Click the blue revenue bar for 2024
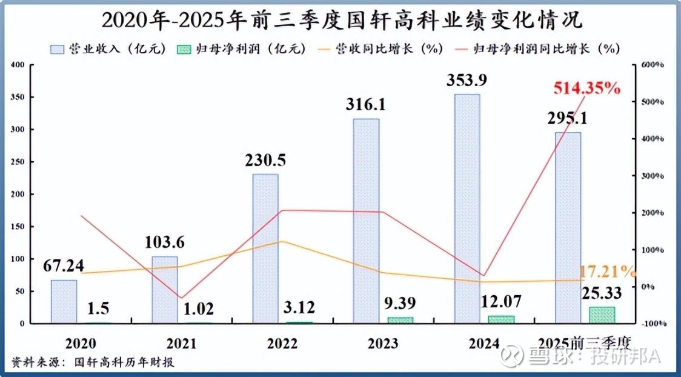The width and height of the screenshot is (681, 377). tap(467, 208)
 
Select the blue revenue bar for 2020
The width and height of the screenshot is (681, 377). tap(64, 301)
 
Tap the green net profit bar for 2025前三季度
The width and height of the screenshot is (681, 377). tap(602, 315)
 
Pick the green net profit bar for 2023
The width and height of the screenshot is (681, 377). tap(400, 319)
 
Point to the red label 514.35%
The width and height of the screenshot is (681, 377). tap(586, 88)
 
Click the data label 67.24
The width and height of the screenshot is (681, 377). tap(64, 265)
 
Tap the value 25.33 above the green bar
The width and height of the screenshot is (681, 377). tap(601, 293)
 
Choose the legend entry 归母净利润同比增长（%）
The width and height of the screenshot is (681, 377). tap(543, 48)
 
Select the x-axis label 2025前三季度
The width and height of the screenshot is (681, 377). tap(585, 343)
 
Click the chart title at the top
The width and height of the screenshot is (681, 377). tap(341, 19)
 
